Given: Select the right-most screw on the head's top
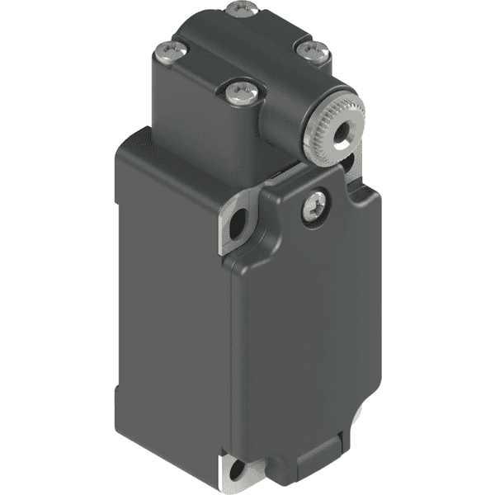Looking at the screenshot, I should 312,51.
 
